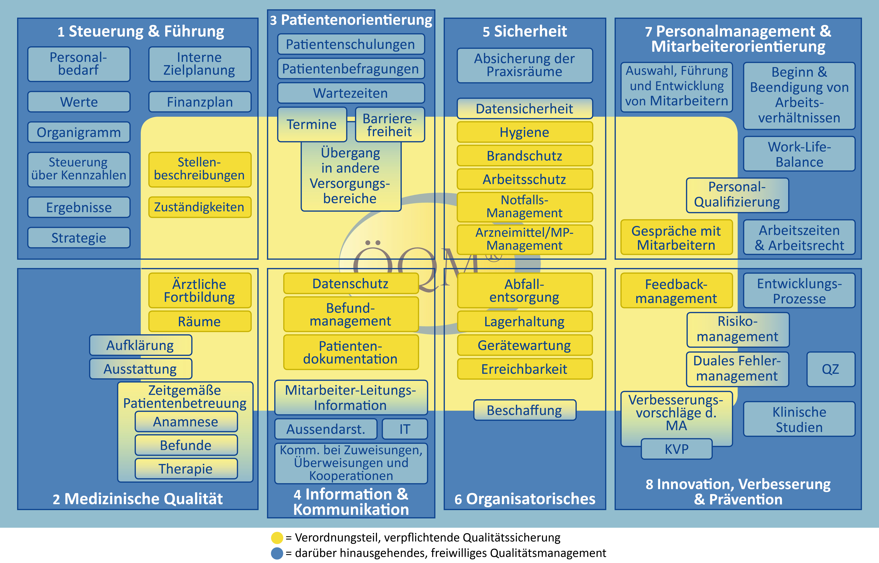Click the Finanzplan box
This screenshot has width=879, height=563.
coord(200,102)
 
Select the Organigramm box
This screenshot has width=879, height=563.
coord(79,132)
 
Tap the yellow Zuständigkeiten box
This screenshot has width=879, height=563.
coord(200,207)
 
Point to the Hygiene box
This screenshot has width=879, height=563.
coord(524,132)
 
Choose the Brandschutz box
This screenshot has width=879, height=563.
coord(524,156)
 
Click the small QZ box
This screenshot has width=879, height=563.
coord(830,369)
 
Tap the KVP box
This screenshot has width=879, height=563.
coord(676,449)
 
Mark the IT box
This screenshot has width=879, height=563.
coord(405,429)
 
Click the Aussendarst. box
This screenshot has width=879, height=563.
coord(326,429)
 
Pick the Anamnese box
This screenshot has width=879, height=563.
coord(186,422)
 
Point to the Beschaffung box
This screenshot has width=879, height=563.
coord(524,410)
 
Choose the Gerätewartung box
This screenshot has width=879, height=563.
coord(524,346)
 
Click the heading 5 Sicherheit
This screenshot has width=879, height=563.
coord(524,31)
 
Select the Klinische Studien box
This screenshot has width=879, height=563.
coord(799,419)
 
